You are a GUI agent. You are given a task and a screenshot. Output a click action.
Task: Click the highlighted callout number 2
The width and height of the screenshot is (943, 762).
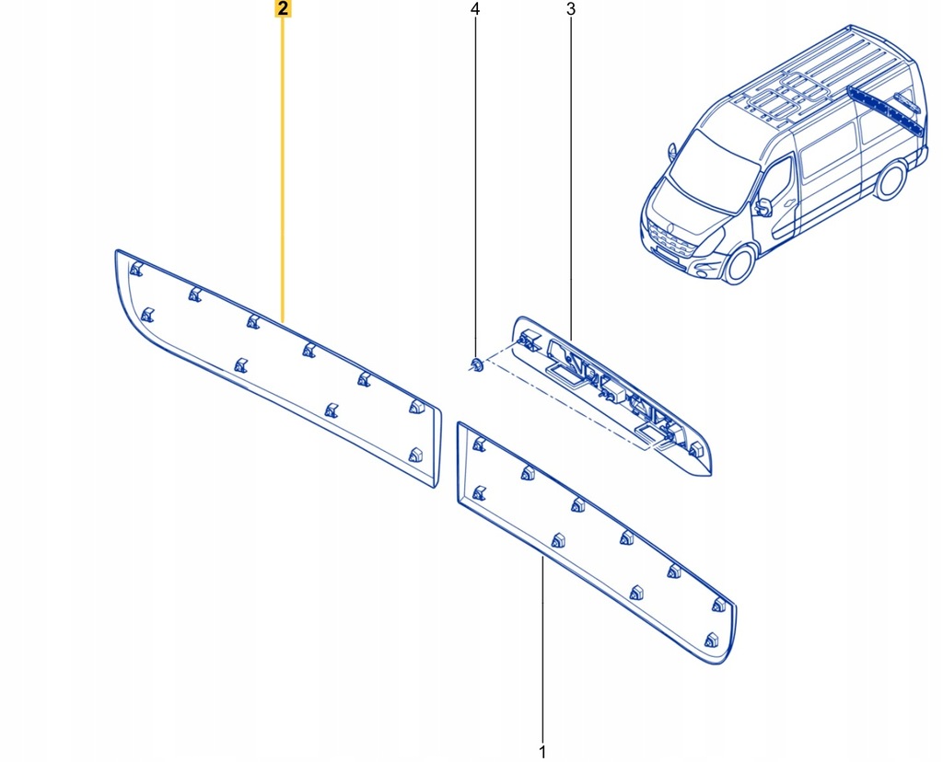[283, 10]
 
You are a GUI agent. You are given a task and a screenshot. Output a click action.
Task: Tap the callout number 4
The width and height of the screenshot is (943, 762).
[475, 10]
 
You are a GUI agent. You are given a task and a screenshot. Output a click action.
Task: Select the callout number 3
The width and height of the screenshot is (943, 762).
[570, 10]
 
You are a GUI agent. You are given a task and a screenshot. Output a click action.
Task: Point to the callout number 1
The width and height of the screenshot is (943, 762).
[542, 751]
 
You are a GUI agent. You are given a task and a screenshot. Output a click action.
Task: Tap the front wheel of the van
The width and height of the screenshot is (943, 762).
[739, 263]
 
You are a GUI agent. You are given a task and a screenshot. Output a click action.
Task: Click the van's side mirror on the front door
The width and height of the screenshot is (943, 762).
[763, 208]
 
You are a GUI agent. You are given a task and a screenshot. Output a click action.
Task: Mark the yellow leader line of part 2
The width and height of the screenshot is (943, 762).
[283, 166]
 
